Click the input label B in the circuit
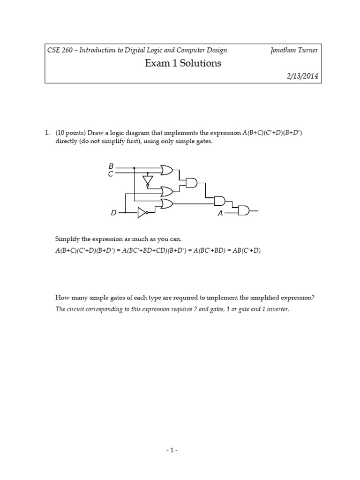click(111, 166)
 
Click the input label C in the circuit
click(111, 174)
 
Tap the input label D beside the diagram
click(113, 213)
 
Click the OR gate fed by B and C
click(166, 170)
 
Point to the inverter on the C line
click(148, 180)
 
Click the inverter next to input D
click(142, 213)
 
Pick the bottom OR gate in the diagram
click(166, 203)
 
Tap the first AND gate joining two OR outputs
click(192, 183)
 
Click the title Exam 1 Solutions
click(183, 63)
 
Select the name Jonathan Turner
click(294, 50)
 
